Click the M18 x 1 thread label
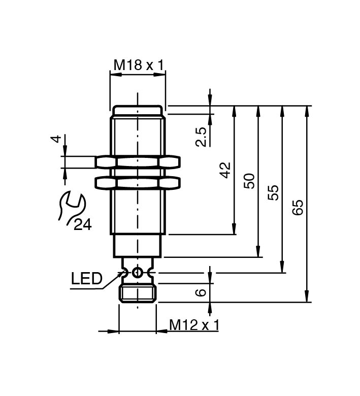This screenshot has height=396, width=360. coord(138,65)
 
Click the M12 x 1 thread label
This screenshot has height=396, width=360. coord(193,325)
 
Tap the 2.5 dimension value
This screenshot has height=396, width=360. coord(201,137)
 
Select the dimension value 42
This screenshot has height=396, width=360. coord(225,170)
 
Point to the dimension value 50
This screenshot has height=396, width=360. coord(249,181)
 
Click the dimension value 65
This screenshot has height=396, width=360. coord(298,207)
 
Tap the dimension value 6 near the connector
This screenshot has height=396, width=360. coord(201,292)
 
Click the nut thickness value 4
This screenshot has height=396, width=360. coord(57,138)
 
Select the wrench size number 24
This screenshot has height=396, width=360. coord(82,224)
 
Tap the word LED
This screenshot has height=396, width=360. coord(86,278)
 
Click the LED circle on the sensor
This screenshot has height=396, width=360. coord(137,273)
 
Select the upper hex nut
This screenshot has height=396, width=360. coord(138,162)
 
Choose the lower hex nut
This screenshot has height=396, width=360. coord(138,182)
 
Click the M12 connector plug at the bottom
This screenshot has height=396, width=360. coord(137,293)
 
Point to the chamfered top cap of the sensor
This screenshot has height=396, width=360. coord(138,109)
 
